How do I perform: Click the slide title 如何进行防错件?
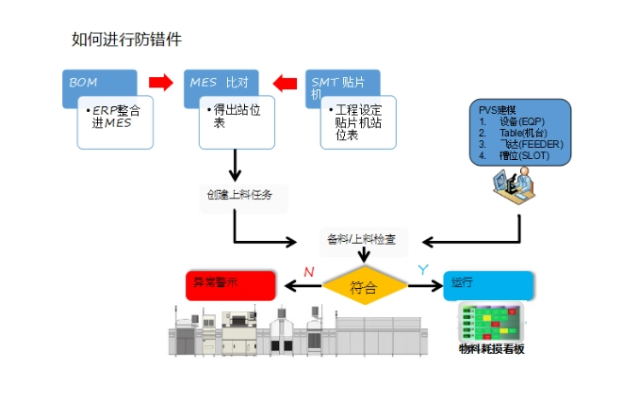(x=126, y=40)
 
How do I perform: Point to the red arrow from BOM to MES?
(x=161, y=82)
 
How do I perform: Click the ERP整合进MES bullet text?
(x=116, y=117)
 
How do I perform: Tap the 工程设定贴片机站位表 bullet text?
(x=359, y=122)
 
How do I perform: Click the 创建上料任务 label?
(x=239, y=196)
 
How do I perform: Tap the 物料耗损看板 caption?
(x=490, y=349)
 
